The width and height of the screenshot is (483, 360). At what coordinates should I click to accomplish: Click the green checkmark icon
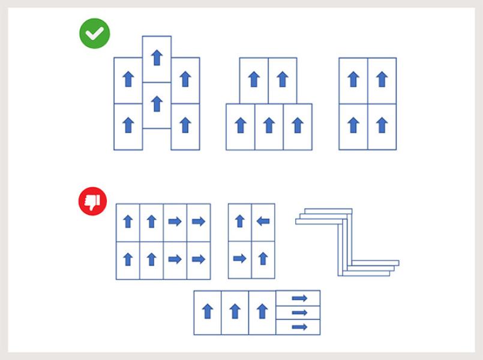(94, 34)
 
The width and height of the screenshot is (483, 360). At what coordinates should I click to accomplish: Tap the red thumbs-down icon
(92, 202)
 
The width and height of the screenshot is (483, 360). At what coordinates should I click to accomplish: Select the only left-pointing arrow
(263, 221)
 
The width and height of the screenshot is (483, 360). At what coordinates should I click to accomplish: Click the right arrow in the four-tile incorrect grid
(239, 259)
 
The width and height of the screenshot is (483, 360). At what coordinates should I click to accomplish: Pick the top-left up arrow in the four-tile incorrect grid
(239, 221)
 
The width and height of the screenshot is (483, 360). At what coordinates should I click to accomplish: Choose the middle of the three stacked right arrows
(299, 313)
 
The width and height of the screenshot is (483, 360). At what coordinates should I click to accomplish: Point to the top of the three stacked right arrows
(299, 298)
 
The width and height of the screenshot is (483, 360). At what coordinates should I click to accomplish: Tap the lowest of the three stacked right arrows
(299, 327)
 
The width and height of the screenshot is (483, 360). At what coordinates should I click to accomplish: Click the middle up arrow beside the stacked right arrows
(235, 311)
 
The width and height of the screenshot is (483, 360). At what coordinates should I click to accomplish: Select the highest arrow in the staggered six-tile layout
(157, 57)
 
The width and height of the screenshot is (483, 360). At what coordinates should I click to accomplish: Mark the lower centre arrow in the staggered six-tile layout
(157, 104)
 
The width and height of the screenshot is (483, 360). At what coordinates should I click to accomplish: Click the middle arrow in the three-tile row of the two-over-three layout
(269, 125)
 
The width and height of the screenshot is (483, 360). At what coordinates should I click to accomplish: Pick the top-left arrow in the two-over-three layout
(254, 79)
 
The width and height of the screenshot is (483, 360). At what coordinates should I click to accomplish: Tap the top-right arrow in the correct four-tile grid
(382, 79)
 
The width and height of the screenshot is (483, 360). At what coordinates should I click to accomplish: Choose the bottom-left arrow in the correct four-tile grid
(353, 125)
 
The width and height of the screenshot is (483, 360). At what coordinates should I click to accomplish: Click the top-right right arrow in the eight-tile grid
(199, 221)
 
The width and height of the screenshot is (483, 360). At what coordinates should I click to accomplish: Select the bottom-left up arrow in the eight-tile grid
(128, 259)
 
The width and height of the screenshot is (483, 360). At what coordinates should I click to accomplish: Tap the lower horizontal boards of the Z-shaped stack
(372, 267)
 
